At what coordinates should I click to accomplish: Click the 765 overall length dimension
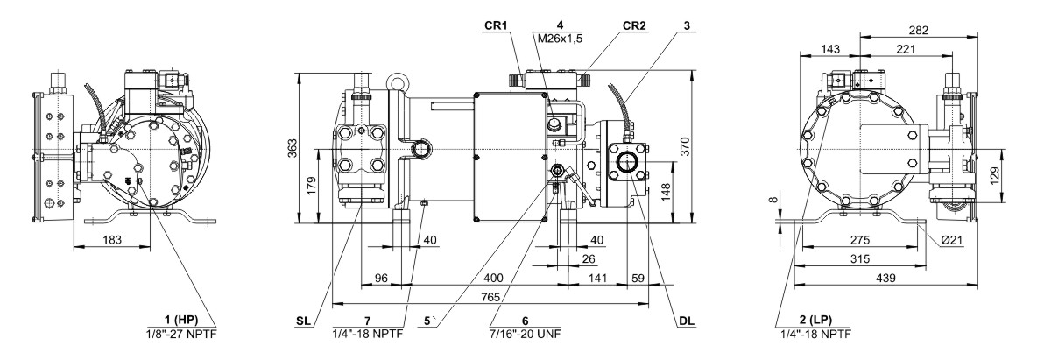coord(490,298)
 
